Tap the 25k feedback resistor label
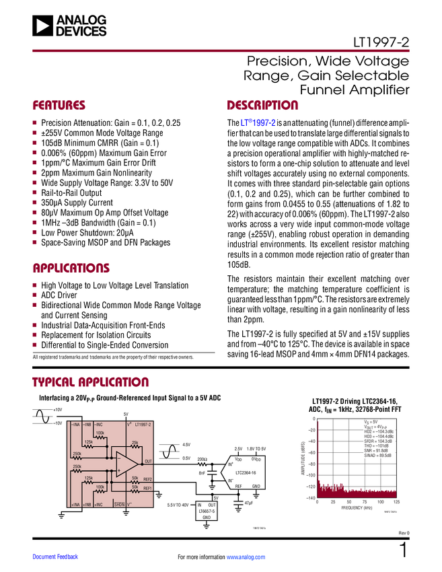coord(135,442)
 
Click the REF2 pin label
coord(147,479)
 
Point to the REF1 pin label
coord(147,488)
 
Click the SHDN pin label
coord(118,504)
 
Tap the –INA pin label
coord(75,425)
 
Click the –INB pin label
coord(87,425)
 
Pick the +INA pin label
coord(75,504)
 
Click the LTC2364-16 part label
coord(245,472)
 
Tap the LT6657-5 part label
coord(207,511)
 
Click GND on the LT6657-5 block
coord(207,517)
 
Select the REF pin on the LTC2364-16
coord(238,486)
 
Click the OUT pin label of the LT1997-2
coord(148,462)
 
